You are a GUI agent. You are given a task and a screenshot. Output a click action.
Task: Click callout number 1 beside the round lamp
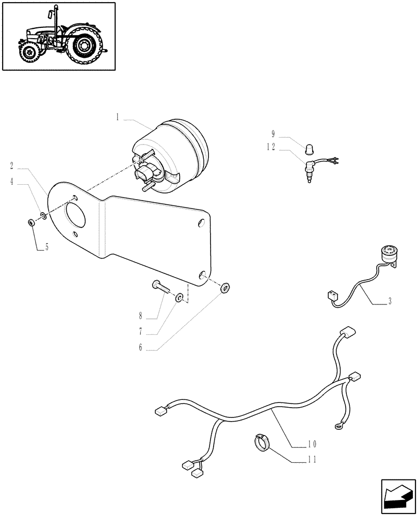[118, 118]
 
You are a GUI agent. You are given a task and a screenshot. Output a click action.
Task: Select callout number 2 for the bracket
[12, 166]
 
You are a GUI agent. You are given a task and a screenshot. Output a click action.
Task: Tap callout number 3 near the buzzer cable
[390, 301]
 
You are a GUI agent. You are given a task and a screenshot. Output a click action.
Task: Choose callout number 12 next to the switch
[271, 147]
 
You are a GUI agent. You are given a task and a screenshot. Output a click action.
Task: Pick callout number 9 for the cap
[273, 134]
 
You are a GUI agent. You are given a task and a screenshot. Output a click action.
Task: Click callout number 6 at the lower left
[140, 348]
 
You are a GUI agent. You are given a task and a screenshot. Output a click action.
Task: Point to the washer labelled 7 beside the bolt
[179, 297]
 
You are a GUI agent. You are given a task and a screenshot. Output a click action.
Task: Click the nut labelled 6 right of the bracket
[225, 287]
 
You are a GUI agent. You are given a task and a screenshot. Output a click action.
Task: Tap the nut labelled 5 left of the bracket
[31, 223]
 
